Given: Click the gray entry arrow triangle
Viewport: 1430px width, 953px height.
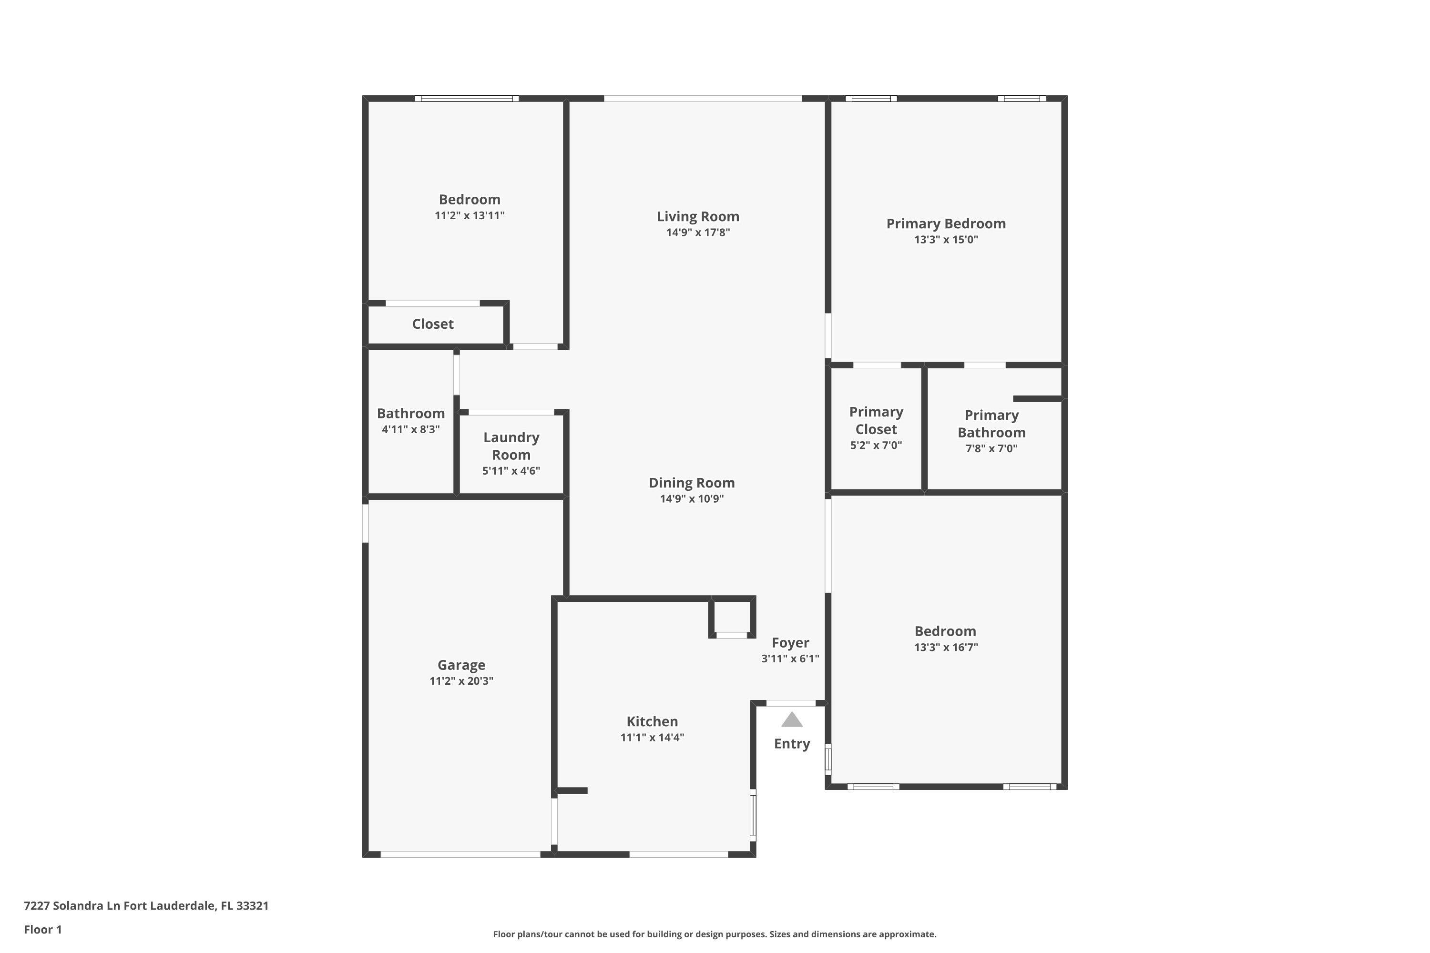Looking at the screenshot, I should (792, 720).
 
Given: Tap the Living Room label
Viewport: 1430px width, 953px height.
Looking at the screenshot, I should (697, 216).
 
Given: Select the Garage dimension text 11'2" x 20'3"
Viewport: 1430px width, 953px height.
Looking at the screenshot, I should (461, 681).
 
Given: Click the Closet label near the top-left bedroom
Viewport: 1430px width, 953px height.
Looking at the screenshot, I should (432, 324).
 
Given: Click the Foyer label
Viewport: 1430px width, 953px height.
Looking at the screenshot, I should (790, 642).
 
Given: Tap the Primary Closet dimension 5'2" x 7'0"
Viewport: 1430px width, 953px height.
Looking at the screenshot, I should (876, 445).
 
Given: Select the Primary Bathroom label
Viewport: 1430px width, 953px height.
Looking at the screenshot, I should (991, 424).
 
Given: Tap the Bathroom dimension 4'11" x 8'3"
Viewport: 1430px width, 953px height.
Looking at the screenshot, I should (410, 429).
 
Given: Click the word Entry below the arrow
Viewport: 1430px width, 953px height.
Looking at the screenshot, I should (792, 743).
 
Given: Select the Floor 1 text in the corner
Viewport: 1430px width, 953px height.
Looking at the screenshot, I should (42, 929).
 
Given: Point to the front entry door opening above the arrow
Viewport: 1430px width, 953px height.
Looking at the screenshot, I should (790, 703).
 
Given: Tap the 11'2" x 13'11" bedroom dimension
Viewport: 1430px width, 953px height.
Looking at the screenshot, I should (470, 215).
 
